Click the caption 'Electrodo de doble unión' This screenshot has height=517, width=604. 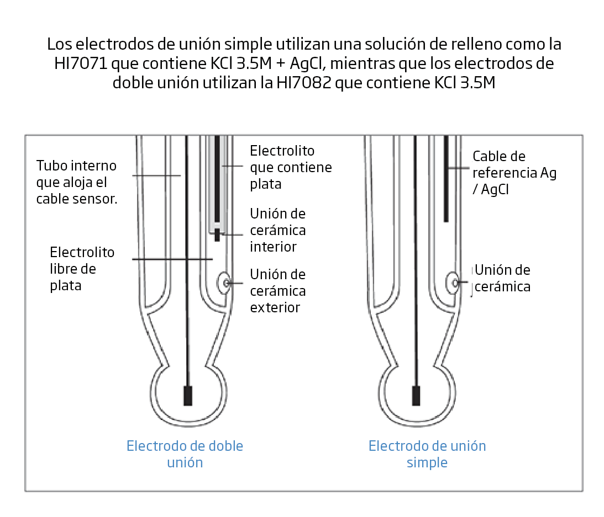(x=185, y=454)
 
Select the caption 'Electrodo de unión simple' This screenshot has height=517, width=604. (x=427, y=454)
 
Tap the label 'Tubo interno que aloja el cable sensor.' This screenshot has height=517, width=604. (x=77, y=182)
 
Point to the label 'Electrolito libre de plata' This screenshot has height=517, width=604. (x=82, y=269)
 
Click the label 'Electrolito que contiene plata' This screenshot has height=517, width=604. (x=291, y=167)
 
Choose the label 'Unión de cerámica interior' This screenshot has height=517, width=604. (x=278, y=230)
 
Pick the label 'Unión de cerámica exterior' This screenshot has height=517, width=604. (x=278, y=291)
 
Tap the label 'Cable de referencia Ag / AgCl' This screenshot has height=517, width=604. (x=514, y=173)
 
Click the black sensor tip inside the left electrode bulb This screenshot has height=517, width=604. (x=188, y=396)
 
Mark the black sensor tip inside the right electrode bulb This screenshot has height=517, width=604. (x=416, y=396)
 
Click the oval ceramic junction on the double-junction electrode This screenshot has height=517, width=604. (x=224, y=283)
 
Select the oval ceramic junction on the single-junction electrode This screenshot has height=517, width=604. (x=453, y=283)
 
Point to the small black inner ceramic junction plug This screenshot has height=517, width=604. (x=217, y=235)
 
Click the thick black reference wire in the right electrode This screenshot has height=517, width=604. (x=446, y=179)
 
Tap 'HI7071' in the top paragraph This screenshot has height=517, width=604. (x=81, y=63)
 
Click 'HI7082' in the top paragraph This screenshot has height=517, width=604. (x=304, y=83)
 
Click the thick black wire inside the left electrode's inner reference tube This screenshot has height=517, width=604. (x=217, y=179)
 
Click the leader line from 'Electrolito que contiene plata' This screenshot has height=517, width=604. (x=233, y=166)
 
